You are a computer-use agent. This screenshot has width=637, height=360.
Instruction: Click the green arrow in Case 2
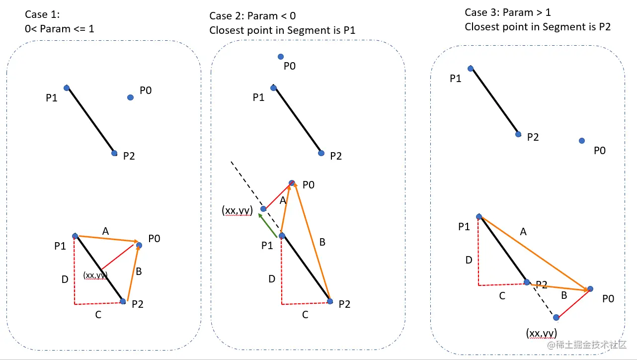(267, 225)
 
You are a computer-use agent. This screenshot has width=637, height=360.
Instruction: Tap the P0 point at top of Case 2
(281, 57)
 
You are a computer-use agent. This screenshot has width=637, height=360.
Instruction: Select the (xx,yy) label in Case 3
(542, 333)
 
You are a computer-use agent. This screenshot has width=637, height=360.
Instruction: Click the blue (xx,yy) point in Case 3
(556, 318)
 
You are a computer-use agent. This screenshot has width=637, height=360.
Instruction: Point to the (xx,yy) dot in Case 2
(263, 209)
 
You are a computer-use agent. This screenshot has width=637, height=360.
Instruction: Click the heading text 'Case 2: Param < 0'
(252, 15)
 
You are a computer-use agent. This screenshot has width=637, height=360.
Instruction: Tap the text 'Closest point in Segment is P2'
(538, 27)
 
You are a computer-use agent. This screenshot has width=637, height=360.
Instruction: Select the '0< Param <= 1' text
(60, 29)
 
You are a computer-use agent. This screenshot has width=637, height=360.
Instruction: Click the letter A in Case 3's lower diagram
(523, 232)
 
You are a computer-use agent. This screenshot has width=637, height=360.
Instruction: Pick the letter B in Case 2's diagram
(322, 242)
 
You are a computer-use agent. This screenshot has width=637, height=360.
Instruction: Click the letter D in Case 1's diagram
(65, 279)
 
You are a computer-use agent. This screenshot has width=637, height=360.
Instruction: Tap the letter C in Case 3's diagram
(502, 296)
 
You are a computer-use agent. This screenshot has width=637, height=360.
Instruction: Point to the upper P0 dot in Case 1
(130, 97)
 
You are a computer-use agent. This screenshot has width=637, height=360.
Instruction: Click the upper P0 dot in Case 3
(582, 141)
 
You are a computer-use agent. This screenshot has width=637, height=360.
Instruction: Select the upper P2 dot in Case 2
(321, 153)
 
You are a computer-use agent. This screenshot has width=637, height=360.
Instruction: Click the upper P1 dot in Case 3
(471, 68)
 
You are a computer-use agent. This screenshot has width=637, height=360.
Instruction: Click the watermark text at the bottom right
(587, 345)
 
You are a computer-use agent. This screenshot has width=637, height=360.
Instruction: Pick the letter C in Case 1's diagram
(98, 315)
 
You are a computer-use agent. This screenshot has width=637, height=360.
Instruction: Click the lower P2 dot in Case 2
(330, 301)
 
